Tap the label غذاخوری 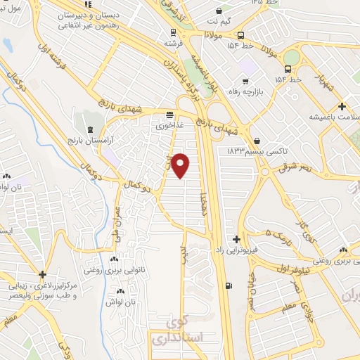tap(169, 125)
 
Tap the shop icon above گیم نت tap(221, 11)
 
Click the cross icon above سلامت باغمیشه tap(341, 107)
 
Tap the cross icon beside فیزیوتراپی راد tap(236, 239)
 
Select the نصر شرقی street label tap(293, 167)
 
